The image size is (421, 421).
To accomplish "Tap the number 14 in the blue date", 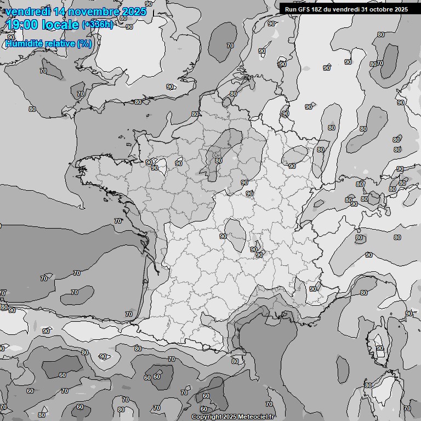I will tap(62, 11).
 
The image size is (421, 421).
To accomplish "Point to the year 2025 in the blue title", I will tap(135, 11).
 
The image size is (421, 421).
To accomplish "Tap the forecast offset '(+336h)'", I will tap(97, 25).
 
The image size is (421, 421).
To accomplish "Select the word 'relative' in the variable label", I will tap(61, 43).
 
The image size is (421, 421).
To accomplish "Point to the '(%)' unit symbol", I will tap(84, 43).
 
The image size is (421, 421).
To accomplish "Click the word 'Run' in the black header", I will tap(291, 9).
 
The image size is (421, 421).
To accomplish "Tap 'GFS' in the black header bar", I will tap(305, 9).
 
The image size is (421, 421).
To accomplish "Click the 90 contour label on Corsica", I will tap(379, 348).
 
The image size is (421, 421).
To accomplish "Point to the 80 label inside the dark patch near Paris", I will tap(219, 161).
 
